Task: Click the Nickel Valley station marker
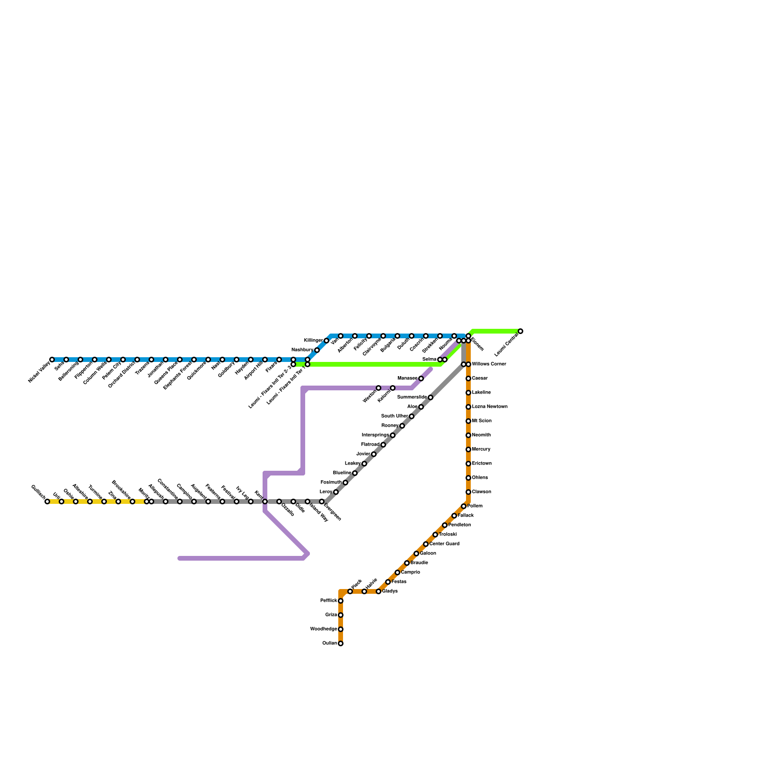coord(52,360)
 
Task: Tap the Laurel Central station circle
coord(520,331)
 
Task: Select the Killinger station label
coord(313,341)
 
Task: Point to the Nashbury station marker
coord(317,350)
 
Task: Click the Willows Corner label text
coord(489,364)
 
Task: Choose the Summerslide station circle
coord(431,397)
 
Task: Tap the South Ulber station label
coord(395,416)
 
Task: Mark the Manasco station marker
coord(421,378)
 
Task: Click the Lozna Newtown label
coord(490,407)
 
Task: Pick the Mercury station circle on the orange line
coord(468,449)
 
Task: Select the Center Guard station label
coord(444,544)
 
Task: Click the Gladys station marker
coord(378,591)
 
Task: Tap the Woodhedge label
coord(324,629)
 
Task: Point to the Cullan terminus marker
coord(341,643)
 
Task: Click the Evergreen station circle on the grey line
coord(322,502)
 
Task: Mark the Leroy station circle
coord(336,492)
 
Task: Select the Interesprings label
coord(375,435)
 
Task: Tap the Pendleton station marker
coord(445,525)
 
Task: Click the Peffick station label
coord(328,601)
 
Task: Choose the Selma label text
coord(429,360)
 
